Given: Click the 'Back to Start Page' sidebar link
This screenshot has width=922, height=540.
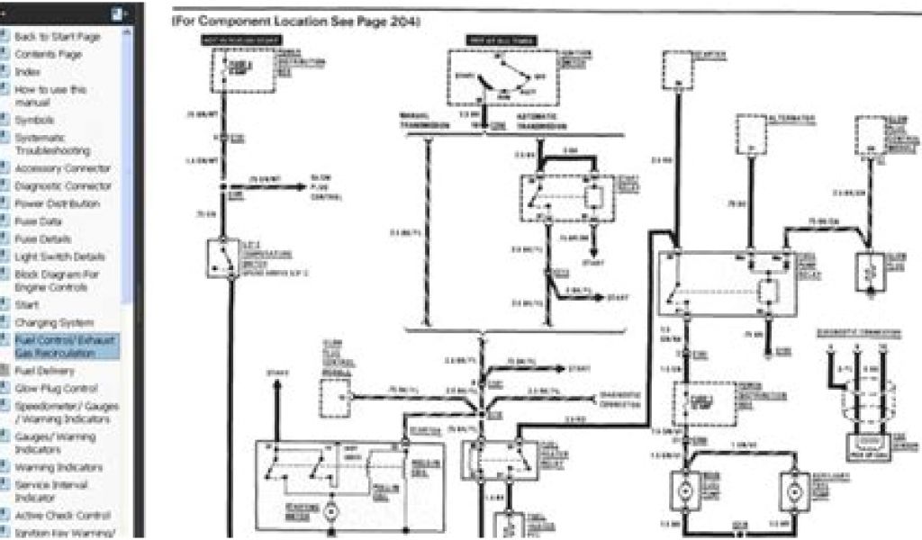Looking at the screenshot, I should pos(57,37).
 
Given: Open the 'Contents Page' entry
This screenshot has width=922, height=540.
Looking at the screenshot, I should pos(48,54).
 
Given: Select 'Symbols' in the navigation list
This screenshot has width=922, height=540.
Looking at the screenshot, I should pos(34,120).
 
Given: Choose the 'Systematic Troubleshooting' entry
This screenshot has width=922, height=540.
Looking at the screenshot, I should pos(52,144).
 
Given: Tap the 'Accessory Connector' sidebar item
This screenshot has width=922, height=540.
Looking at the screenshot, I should pos(62,168).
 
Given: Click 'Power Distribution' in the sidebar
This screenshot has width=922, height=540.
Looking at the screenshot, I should pos(57,203).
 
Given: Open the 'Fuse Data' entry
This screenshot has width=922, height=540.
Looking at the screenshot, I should pos(38,220).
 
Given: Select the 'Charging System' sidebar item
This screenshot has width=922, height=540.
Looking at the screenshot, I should pos(53,322).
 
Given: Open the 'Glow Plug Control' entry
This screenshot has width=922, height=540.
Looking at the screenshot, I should pos(56,388).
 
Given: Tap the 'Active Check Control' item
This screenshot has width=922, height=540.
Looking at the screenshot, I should pos(61,516).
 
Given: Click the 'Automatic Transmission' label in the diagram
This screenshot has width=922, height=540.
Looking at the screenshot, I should pos(538,121).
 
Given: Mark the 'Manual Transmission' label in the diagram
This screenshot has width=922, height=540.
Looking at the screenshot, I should pos(424,121).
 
